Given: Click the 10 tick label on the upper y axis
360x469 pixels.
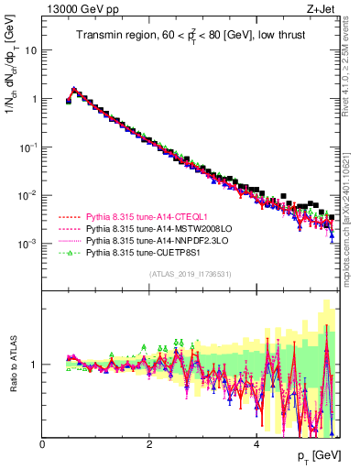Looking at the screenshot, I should (x=31, y=50).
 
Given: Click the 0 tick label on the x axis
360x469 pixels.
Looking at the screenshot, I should (x=43, y=445).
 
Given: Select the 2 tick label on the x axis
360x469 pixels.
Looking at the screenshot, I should (x=149, y=445).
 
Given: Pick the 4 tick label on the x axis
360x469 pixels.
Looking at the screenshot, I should (x=256, y=445).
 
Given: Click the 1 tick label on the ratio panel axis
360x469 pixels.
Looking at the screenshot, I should (x=35, y=365).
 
